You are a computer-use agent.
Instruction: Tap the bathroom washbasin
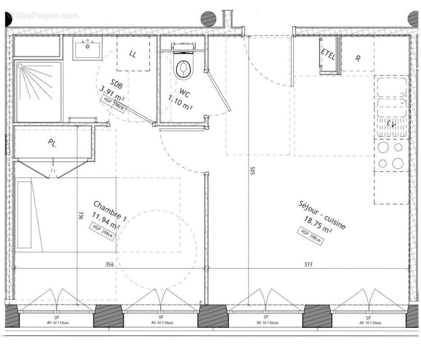pos(88,49)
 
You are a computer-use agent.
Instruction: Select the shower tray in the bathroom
pos(39,92)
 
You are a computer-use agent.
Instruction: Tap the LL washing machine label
pos(132,54)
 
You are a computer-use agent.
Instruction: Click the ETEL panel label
pos(328,54)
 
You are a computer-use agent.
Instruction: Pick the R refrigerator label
pos(358,58)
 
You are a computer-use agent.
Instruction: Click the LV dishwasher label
pos(391,124)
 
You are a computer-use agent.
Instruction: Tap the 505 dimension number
pos(253,172)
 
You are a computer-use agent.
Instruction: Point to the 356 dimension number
pos(109,265)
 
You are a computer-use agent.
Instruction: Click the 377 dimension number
pos(308,265)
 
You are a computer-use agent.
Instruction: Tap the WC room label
pos(185,94)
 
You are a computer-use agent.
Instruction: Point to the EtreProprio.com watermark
pos(43,16)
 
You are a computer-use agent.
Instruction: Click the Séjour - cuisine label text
pos(322,215)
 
